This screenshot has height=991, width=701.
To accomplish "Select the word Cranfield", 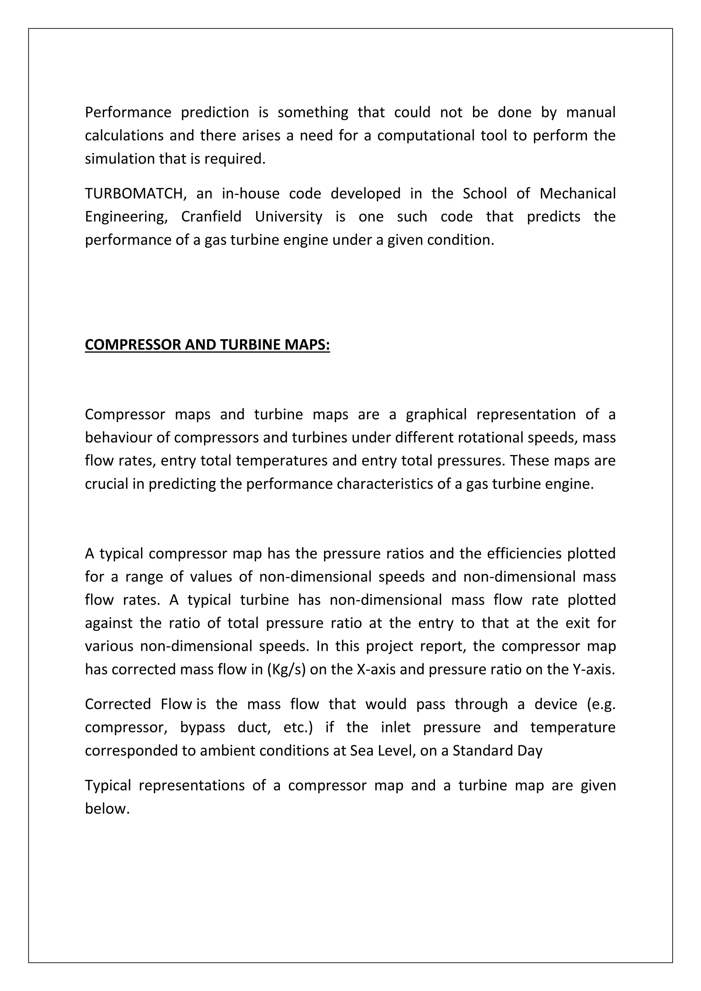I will [x=211, y=216].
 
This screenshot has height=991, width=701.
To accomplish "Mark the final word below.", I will [x=107, y=808].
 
